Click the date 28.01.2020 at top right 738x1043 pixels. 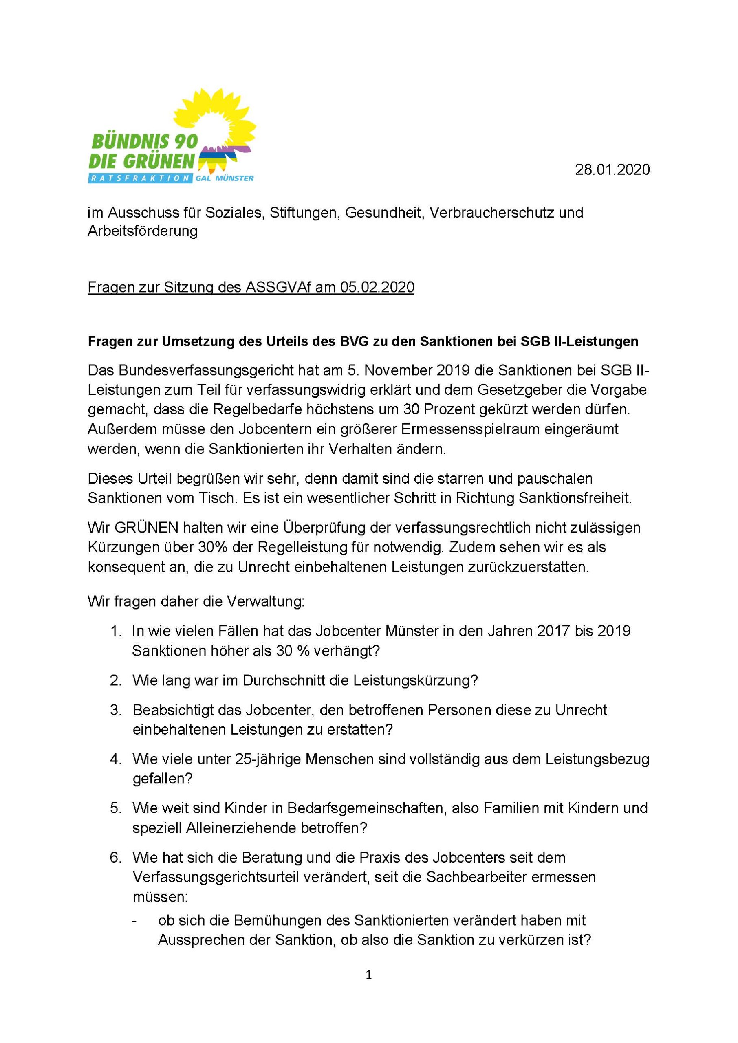click(612, 169)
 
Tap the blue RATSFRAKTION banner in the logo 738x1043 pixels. click(139, 178)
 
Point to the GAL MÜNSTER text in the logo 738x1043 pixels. click(224, 178)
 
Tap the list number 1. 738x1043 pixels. click(115, 631)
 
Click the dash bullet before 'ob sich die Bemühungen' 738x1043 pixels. click(135, 921)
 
